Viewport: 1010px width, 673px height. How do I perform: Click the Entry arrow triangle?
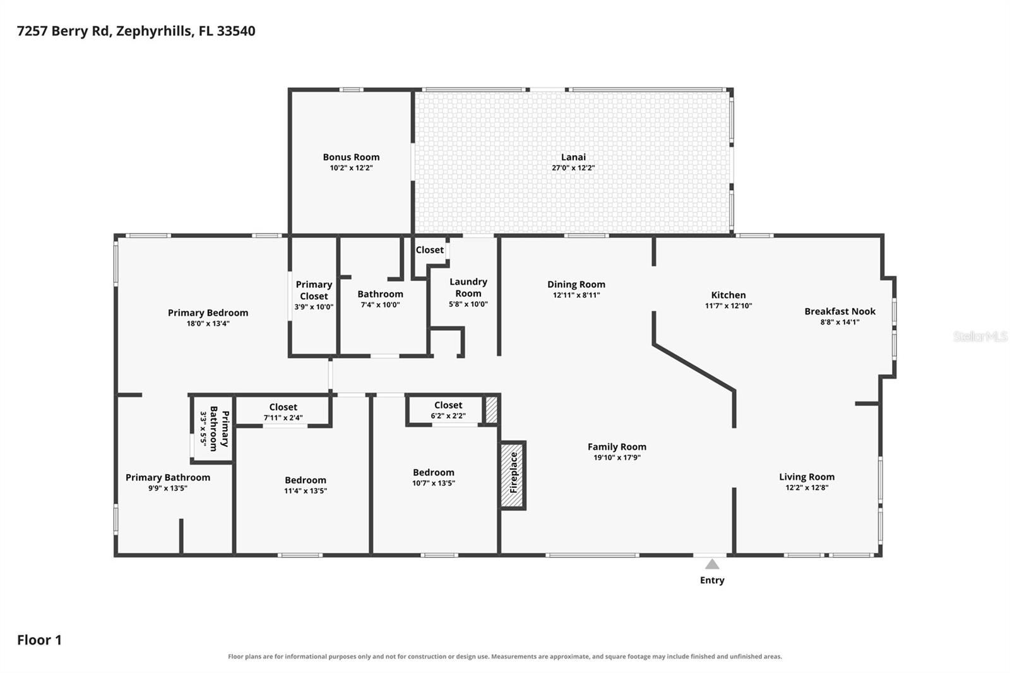coord(712,564)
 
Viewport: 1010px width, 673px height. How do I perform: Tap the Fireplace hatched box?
coord(513,475)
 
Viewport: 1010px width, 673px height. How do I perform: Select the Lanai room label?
coord(574,157)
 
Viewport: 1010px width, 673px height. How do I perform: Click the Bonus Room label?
coord(351,157)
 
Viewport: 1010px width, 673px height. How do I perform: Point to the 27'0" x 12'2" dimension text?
coord(574,168)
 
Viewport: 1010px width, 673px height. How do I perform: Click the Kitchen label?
coord(728,295)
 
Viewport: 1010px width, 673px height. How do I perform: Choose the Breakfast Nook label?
coord(840,311)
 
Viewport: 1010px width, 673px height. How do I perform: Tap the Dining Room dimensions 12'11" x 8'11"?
coord(576,295)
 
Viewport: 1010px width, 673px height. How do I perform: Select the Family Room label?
coord(617,446)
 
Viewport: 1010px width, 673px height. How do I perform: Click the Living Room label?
coord(807,477)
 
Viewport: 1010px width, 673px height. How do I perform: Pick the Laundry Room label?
coord(468,287)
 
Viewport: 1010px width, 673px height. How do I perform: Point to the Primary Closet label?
coord(314,290)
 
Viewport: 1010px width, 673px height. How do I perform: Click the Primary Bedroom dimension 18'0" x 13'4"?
coord(208,323)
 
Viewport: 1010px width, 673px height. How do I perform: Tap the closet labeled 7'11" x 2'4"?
coord(283,412)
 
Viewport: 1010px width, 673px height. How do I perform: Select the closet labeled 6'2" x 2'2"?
coord(448,410)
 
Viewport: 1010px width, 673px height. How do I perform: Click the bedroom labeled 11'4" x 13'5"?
coord(306,485)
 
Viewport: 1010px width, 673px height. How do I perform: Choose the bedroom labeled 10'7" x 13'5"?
coord(433,477)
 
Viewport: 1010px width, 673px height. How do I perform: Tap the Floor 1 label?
coord(39,640)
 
